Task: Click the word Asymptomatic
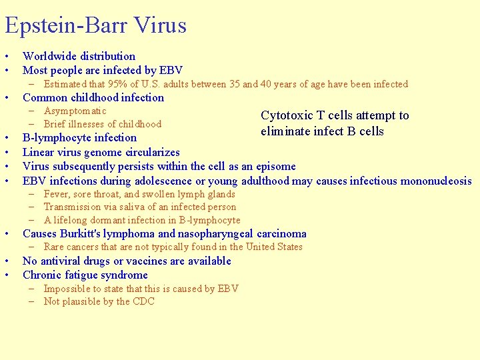[x=75, y=111]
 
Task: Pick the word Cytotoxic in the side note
[x=285, y=115]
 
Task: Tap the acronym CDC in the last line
[x=143, y=301]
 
